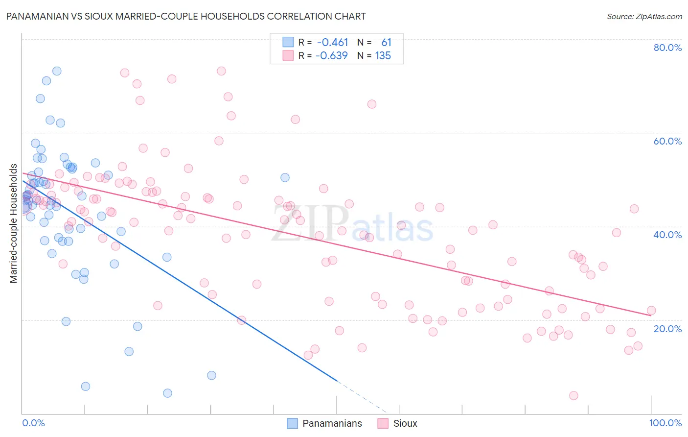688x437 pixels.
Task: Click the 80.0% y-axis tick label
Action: click(667, 48)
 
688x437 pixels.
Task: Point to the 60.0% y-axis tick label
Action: click(667, 141)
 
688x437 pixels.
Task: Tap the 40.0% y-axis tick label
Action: click(667, 235)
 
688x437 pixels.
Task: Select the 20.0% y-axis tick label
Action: click(667, 329)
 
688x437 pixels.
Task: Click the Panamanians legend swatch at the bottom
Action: click(292, 424)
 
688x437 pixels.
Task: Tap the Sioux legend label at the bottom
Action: click(405, 424)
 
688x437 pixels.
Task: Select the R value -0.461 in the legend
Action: click(333, 43)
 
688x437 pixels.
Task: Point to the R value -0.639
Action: click(331, 56)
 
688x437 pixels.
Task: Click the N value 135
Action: click(383, 56)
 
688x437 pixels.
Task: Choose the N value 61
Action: click(386, 43)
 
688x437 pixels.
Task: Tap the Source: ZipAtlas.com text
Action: click(644, 17)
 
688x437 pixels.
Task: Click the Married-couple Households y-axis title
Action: click(14, 223)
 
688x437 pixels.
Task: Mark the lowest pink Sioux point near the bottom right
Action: click(573, 395)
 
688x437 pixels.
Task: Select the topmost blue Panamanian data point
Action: click(57, 71)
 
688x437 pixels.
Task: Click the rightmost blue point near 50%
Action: click(285, 177)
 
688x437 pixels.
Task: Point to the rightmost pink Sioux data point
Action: click(651, 311)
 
